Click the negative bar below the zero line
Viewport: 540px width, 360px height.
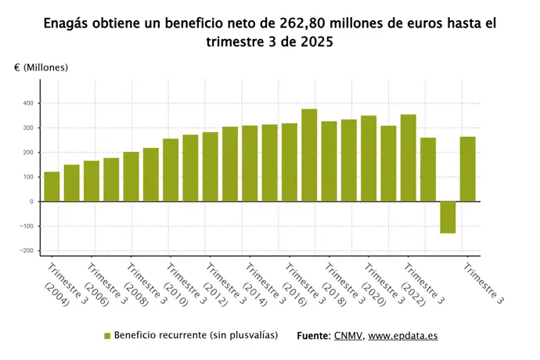pos(448,217)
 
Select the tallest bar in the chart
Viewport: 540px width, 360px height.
pos(309,155)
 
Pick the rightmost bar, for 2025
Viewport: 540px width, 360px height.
pos(467,169)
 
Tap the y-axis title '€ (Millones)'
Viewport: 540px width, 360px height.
pos(41,67)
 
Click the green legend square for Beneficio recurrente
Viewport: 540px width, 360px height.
pos(107,336)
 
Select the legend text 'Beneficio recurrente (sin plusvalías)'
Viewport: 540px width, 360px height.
pos(196,336)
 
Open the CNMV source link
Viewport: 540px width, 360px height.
pos(348,336)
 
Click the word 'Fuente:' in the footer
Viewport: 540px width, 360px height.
pos(315,336)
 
